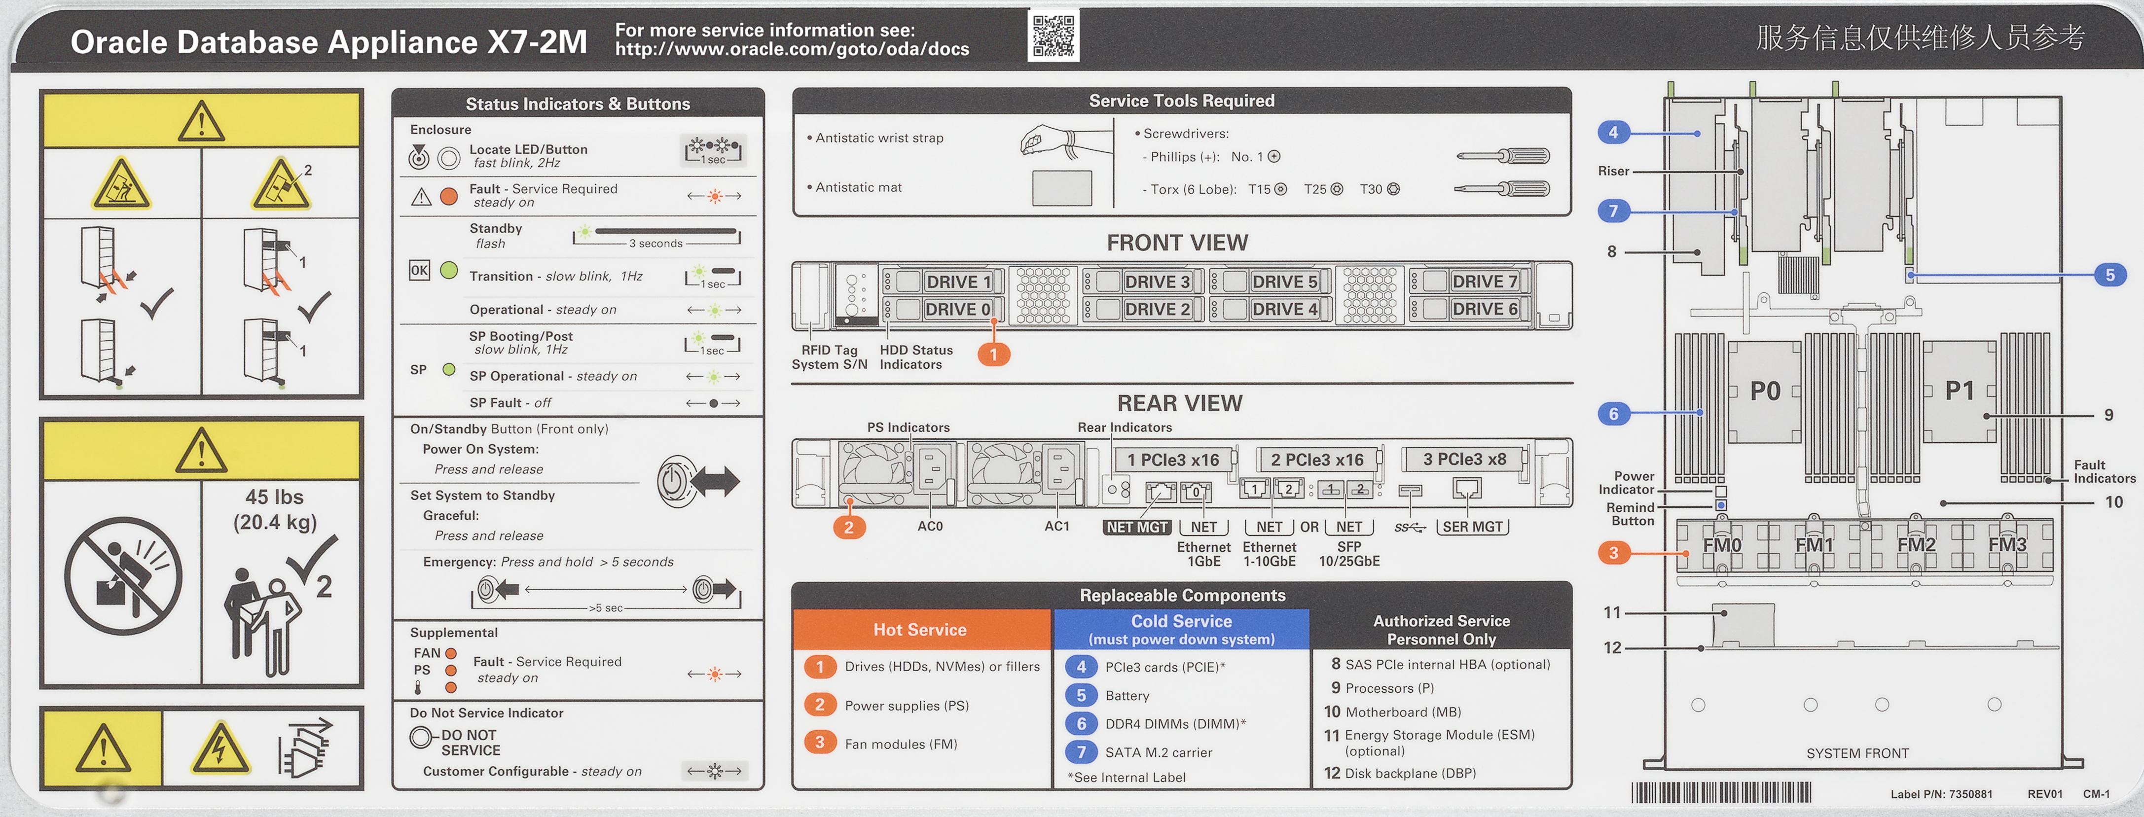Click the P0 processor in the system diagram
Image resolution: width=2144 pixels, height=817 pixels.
click(1765, 391)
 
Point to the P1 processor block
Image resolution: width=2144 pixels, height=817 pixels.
click(1959, 391)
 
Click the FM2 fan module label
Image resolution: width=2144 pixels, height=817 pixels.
click(1916, 545)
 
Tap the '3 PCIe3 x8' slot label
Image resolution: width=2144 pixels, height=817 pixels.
click(1464, 459)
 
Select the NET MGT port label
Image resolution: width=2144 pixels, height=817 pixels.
click(1137, 527)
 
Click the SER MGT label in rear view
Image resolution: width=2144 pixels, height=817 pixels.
click(1472, 527)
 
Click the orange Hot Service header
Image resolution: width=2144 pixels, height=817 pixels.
click(920, 630)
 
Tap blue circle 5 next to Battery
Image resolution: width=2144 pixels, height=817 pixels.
click(1081, 695)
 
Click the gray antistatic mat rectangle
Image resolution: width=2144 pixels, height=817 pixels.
click(1061, 188)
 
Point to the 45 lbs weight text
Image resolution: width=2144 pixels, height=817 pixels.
click(275, 497)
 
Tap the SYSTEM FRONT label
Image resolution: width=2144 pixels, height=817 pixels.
click(1857, 753)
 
